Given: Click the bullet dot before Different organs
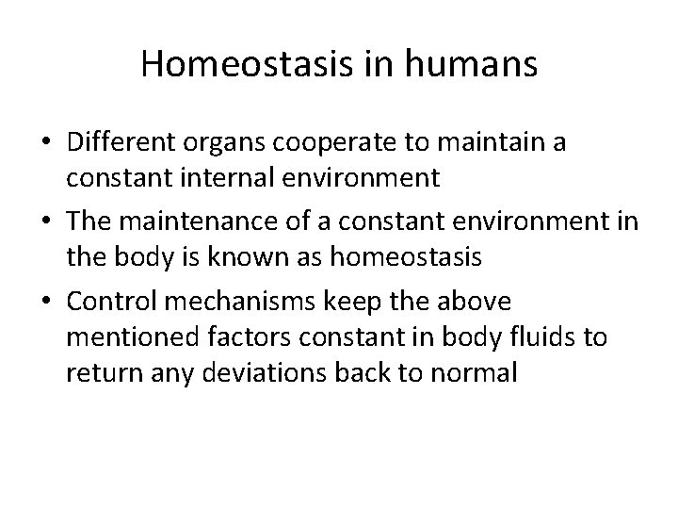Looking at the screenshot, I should click(x=43, y=144).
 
